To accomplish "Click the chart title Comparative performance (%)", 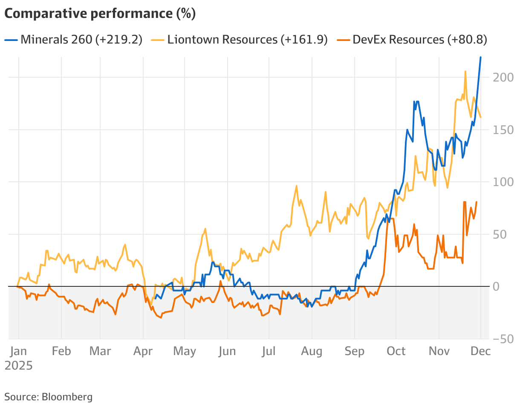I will pyautogui.click(x=100, y=14).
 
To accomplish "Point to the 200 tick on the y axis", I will pyautogui.click(x=502, y=78).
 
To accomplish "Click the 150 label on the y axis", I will pyautogui.click(x=502, y=130).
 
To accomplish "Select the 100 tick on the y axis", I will pyautogui.click(x=502, y=182).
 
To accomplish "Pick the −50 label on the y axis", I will pyautogui.click(x=502, y=339).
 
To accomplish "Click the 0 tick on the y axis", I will pyautogui.click(x=496, y=286).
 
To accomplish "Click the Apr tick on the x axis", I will pyautogui.click(x=143, y=351).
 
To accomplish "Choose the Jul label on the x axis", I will pyautogui.click(x=269, y=351).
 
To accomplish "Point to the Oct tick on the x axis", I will pyautogui.click(x=396, y=351).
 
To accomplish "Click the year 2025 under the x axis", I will pyautogui.click(x=18, y=366).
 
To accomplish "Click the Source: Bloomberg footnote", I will pyautogui.click(x=48, y=397).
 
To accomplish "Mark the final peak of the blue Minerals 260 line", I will pyautogui.click(x=481, y=57).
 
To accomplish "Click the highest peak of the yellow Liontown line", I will pyautogui.click(x=465, y=71).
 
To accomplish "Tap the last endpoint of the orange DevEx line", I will pyautogui.click(x=476, y=202).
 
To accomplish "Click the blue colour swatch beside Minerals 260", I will pyautogui.click(x=11, y=40).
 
